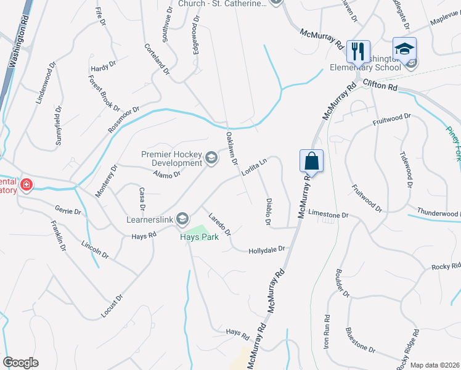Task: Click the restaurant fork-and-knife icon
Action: click(x=357, y=50)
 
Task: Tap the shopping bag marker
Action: click(x=312, y=161)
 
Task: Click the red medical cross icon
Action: click(x=27, y=184)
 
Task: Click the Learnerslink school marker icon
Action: click(x=182, y=218)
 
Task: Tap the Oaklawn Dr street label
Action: click(x=232, y=149)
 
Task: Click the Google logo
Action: click(x=20, y=363)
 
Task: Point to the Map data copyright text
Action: click(x=434, y=364)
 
